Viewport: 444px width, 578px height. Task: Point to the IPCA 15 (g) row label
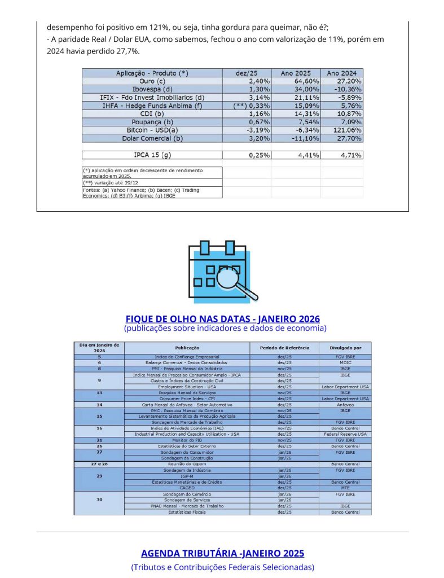click(x=152, y=155)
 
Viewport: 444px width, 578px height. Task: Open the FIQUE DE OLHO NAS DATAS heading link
click(x=222, y=318)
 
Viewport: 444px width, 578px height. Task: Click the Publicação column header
click(x=187, y=348)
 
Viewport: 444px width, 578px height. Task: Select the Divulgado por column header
click(x=345, y=348)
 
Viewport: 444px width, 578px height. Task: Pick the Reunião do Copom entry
click(x=187, y=464)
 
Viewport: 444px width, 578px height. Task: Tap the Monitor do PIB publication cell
click(x=187, y=440)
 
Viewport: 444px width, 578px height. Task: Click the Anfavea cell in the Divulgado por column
click(x=345, y=405)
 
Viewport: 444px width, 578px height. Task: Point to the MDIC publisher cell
click(x=345, y=362)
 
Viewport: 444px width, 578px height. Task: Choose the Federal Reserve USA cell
click(x=345, y=434)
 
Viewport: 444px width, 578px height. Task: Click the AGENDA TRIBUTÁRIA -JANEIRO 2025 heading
click(x=222, y=553)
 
